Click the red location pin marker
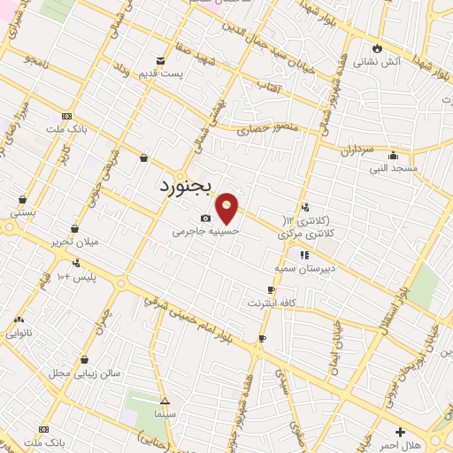227,207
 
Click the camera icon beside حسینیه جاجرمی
205,218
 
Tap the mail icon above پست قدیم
160,60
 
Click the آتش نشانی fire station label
378,62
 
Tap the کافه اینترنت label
272,303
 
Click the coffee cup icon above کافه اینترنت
271,290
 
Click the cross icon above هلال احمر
401,433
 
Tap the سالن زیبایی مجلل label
85,373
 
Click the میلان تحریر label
74,242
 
